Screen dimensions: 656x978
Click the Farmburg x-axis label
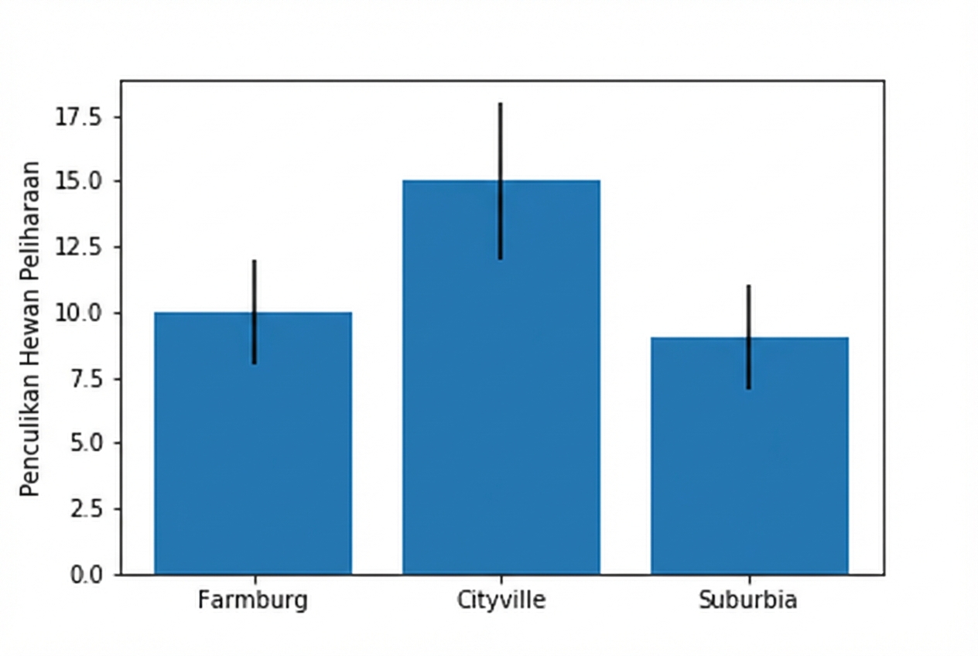[252, 600]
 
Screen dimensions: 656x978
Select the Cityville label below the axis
[501, 600]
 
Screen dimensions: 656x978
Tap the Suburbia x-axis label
[747, 600]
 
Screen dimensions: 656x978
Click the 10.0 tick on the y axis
[81, 313]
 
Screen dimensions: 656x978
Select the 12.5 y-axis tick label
[81, 247]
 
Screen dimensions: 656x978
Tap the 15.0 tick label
[81, 182]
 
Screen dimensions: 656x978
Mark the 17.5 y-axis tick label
[81, 117]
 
